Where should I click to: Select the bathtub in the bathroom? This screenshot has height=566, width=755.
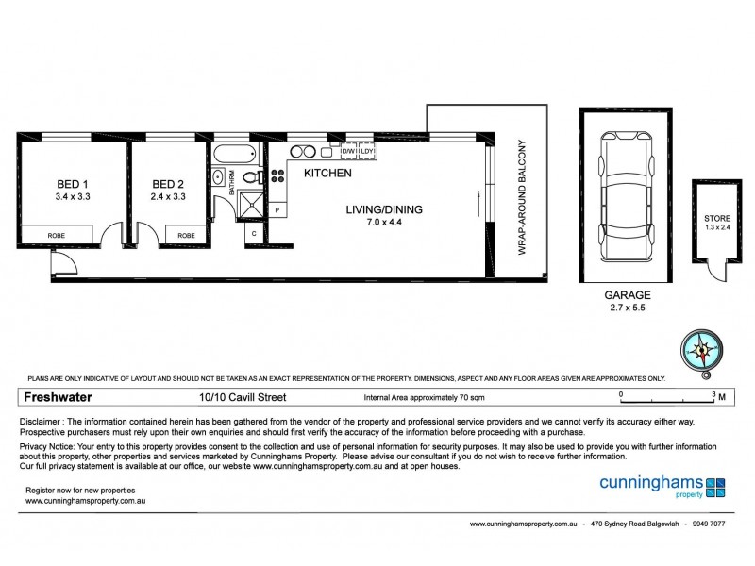(236, 155)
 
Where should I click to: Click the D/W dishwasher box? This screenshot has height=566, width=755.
(347, 151)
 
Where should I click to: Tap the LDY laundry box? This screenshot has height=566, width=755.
(368, 151)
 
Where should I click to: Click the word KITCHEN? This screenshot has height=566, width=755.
(327, 174)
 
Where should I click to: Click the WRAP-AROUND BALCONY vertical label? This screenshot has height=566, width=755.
(520, 198)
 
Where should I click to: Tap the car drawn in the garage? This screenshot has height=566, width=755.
(625, 201)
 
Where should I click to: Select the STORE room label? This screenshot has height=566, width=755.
(717, 219)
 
